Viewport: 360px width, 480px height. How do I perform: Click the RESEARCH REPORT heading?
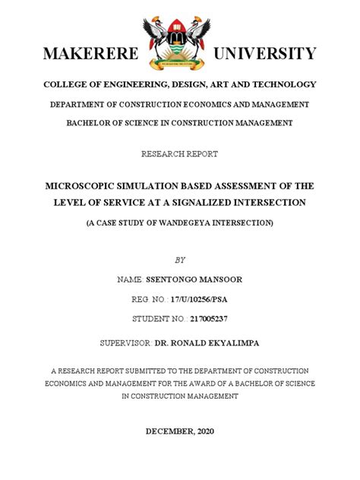[x=179, y=154]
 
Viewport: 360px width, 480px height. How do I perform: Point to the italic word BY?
[x=180, y=260]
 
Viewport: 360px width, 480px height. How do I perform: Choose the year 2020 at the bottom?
[x=204, y=431]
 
